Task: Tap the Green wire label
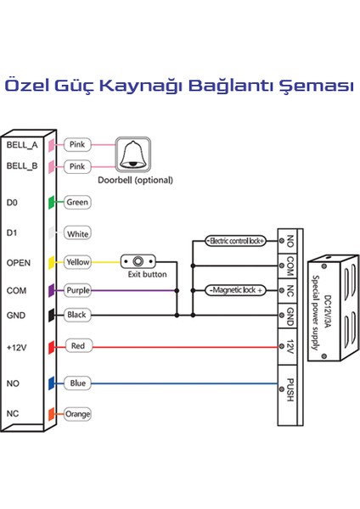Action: [77, 203]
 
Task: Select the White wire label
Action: [77, 232]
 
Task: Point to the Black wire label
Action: [77, 315]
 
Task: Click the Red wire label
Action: [77, 346]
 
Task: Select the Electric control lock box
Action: [235, 241]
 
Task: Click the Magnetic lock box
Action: [235, 291]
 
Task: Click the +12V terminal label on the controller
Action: [17, 346]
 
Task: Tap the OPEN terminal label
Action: [19, 263]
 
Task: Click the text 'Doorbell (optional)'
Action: [135, 180]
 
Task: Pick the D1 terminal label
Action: [11, 232]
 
